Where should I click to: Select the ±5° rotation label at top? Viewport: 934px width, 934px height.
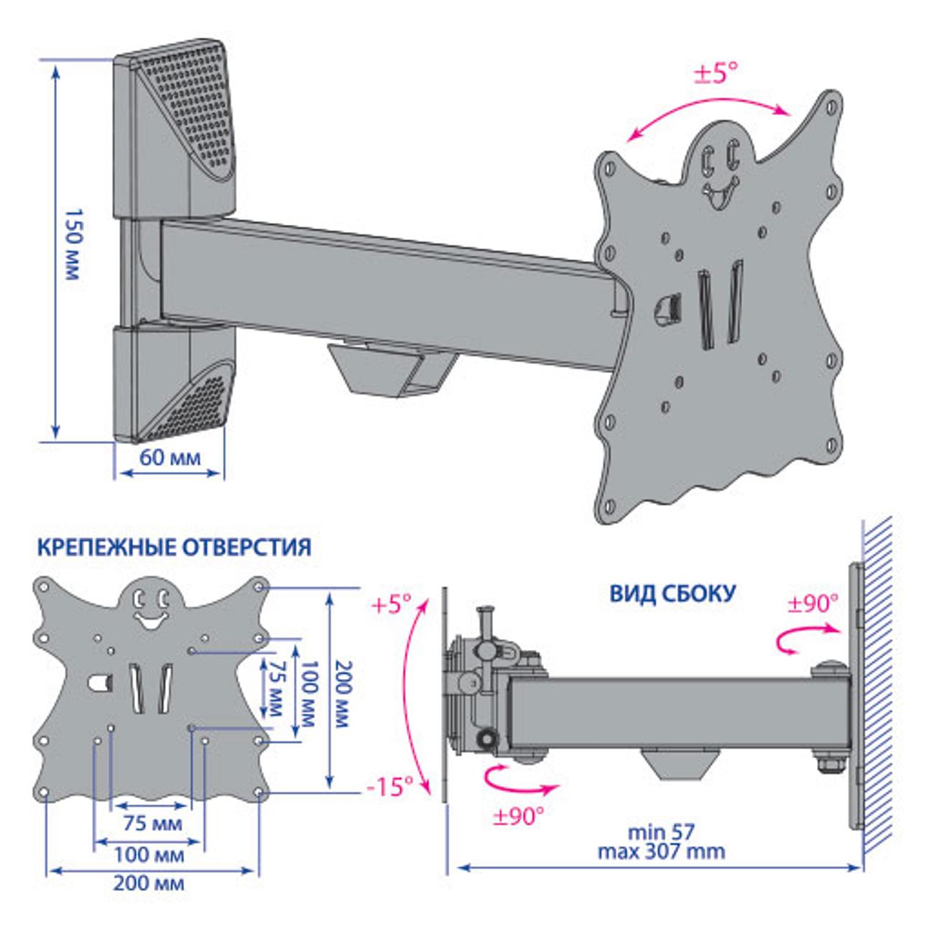pyautogui.click(x=715, y=73)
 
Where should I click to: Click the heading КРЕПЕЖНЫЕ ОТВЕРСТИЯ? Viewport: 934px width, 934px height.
pyautogui.click(x=174, y=548)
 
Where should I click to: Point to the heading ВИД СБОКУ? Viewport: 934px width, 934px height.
pyautogui.click(x=672, y=594)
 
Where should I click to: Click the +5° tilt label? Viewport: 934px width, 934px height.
pyautogui.click(x=392, y=605)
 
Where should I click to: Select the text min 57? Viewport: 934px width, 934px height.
pyautogui.click(x=661, y=833)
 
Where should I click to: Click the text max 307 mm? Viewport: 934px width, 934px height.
pyautogui.click(x=661, y=852)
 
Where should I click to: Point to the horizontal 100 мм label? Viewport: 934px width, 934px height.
pyautogui.click(x=150, y=855)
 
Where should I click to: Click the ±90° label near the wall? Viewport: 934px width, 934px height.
pyautogui.click(x=813, y=603)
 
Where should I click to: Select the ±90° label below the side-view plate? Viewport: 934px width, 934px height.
pyautogui.click(x=517, y=817)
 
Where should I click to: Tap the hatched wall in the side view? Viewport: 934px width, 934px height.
pyautogui.click(x=878, y=683)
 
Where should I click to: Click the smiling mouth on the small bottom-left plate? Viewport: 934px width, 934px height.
pyautogui.click(x=149, y=620)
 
